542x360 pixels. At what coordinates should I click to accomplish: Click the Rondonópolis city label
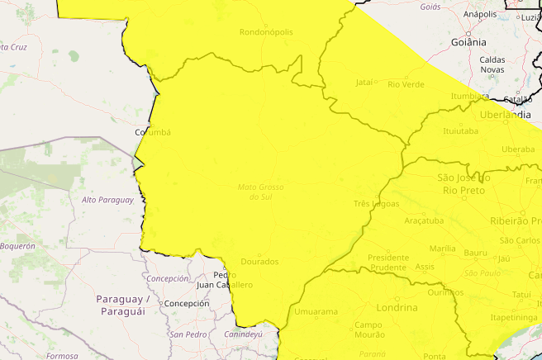(x=265, y=32)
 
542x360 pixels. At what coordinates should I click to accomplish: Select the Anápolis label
(x=479, y=14)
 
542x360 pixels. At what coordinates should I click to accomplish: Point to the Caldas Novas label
(x=492, y=64)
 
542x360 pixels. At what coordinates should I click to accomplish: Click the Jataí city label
(x=364, y=83)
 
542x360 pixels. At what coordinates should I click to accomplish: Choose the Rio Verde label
(x=406, y=83)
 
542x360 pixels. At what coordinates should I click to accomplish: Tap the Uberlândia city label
(x=505, y=115)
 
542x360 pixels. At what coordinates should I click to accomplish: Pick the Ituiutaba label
(x=461, y=130)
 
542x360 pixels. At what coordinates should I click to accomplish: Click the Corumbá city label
(x=152, y=132)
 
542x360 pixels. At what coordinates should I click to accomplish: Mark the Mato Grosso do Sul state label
(x=260, y=192)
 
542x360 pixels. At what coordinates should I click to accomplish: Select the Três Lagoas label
(x=376, y=203)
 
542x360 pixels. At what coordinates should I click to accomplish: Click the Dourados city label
(x=259, y=262)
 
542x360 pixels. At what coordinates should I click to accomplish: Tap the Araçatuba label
(x=424, y=220)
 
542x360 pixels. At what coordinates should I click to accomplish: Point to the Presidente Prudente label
(x=387, y=262)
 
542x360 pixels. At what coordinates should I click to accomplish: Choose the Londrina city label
(x=397, y=307)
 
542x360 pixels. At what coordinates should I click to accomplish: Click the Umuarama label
(x=316, y=312)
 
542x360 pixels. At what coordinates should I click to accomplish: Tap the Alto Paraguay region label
(x=107, y=200)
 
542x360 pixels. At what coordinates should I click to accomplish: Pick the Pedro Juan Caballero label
(x=225, y=280)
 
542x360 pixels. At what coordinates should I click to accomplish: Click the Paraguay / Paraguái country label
(x=121, y=305)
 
